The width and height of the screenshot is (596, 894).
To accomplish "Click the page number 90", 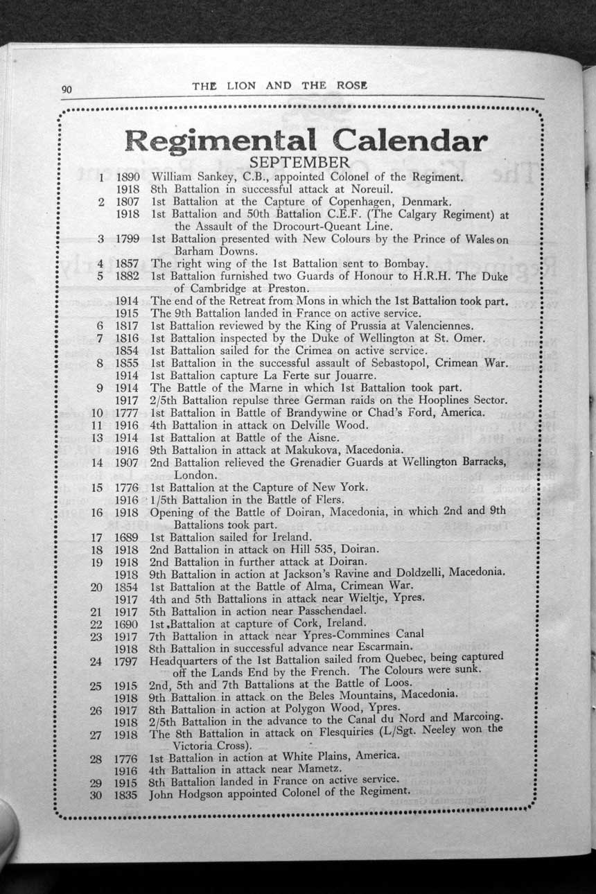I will click(67, 88).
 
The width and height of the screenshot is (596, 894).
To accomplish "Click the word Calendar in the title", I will click(410, 141).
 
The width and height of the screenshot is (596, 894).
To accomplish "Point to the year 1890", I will click(128, 177).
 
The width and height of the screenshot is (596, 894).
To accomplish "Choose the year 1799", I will click(128, 239).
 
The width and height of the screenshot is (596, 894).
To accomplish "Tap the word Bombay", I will click(398, 264).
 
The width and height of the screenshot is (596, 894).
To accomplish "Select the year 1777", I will click(128, 412).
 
